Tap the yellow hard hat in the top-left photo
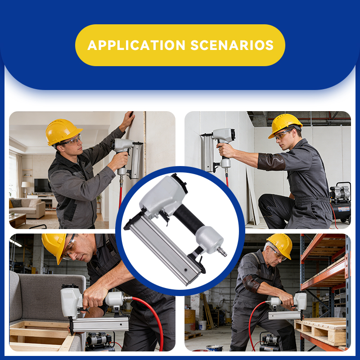coord(63,131)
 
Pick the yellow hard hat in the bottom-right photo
coord(280,245)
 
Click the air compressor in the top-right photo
coord(341,203)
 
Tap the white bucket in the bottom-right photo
coord(202,325)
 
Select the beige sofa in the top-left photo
coord(29,208)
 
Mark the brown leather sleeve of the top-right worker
coord(271,161)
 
